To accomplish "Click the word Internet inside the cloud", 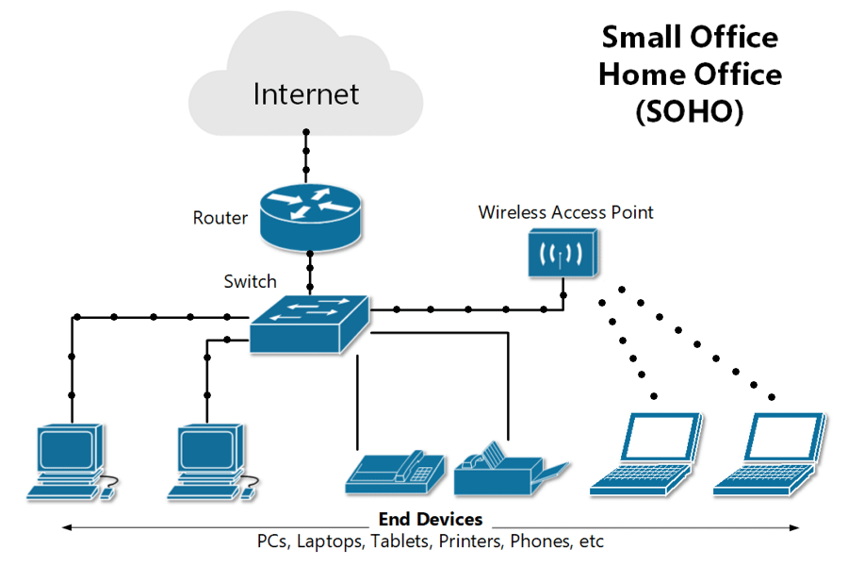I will click(x=306, y=94).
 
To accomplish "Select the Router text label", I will click(x=220, y=218).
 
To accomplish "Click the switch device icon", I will click(x=310, y=323).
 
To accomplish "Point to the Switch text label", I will click(x=250, y=281).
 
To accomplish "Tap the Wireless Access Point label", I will click(x=565, y=212).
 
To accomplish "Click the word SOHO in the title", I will click(x=689, y=112).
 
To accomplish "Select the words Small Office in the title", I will click(x=690, y=38).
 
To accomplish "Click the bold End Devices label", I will click(x=431, y=520).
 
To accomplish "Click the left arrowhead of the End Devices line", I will click(x=63, y=526).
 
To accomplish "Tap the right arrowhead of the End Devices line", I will click(x=800, y=526).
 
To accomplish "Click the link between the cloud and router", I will click(x=305, y=156).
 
